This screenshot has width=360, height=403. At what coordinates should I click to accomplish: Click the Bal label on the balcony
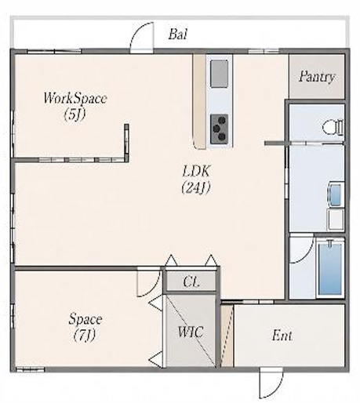tap(177, 34)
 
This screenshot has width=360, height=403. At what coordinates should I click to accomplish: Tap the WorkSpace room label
tap(75, 98)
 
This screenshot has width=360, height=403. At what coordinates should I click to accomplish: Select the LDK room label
tap(196, 171)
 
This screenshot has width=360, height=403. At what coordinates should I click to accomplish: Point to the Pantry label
tap(317, 76)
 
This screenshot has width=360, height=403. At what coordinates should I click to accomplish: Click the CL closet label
tap(191, 281)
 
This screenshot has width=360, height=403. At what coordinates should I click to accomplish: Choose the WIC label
tap(191, 332)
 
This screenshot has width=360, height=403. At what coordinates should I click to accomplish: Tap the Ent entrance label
tap(282, 335)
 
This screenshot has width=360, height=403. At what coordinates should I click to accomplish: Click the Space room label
tap(85, 319)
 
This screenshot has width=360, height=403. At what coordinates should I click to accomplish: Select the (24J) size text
tap(196, 187)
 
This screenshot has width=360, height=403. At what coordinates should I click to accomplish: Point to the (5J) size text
tap(75, 114)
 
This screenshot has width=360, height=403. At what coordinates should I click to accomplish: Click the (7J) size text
tap(84, 336)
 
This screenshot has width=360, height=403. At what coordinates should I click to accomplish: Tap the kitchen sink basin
tap(219, 74)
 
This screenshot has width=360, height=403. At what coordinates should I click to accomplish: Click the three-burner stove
tap(219, 129)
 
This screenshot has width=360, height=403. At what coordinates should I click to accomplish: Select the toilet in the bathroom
tap(333, 128)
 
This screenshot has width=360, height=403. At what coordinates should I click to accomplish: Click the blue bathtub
tap(330, 268)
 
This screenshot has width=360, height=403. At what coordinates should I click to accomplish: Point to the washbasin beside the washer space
tap(335, 193)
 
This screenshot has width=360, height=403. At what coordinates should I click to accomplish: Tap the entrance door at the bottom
tap(271, 383)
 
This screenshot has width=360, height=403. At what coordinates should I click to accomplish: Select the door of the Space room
tap(148, 283)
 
